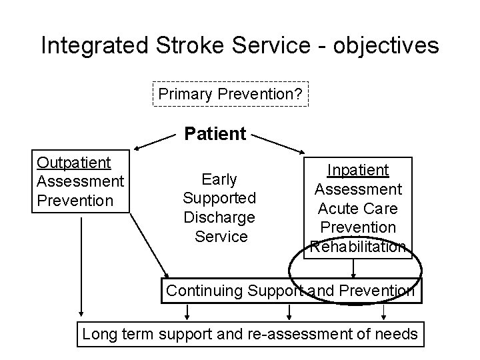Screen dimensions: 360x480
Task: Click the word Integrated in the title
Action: (94, 45)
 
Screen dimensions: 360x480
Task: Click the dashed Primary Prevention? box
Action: (231, 95)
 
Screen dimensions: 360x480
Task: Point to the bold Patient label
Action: (215, 134)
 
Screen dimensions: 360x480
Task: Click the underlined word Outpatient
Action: (74, 163)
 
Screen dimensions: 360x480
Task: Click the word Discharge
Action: (219, 217)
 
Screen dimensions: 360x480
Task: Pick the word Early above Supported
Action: (219, 179)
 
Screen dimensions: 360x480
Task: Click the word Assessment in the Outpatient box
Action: (80, 181)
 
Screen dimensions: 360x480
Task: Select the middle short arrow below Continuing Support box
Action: (288, 312)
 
